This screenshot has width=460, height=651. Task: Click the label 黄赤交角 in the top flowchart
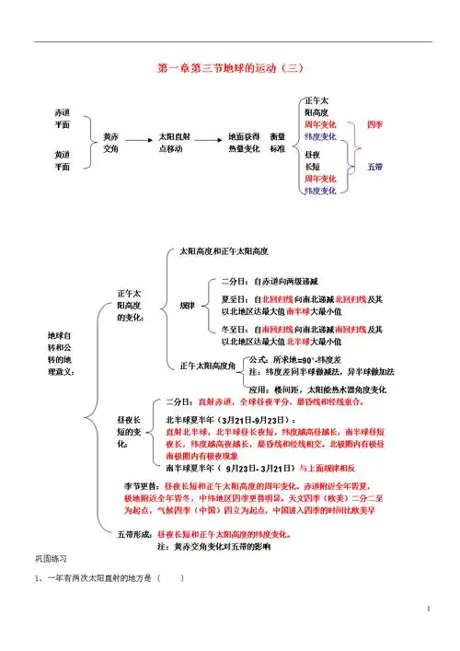[110, 142]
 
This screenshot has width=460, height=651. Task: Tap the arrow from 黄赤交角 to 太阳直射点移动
[138, 141]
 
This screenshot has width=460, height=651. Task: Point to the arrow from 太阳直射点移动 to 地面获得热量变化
[207, 141]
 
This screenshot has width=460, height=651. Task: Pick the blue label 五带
[375, 167]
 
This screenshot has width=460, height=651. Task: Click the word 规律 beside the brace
[187, 305]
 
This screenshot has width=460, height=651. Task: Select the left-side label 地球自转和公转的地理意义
[56, 352]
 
